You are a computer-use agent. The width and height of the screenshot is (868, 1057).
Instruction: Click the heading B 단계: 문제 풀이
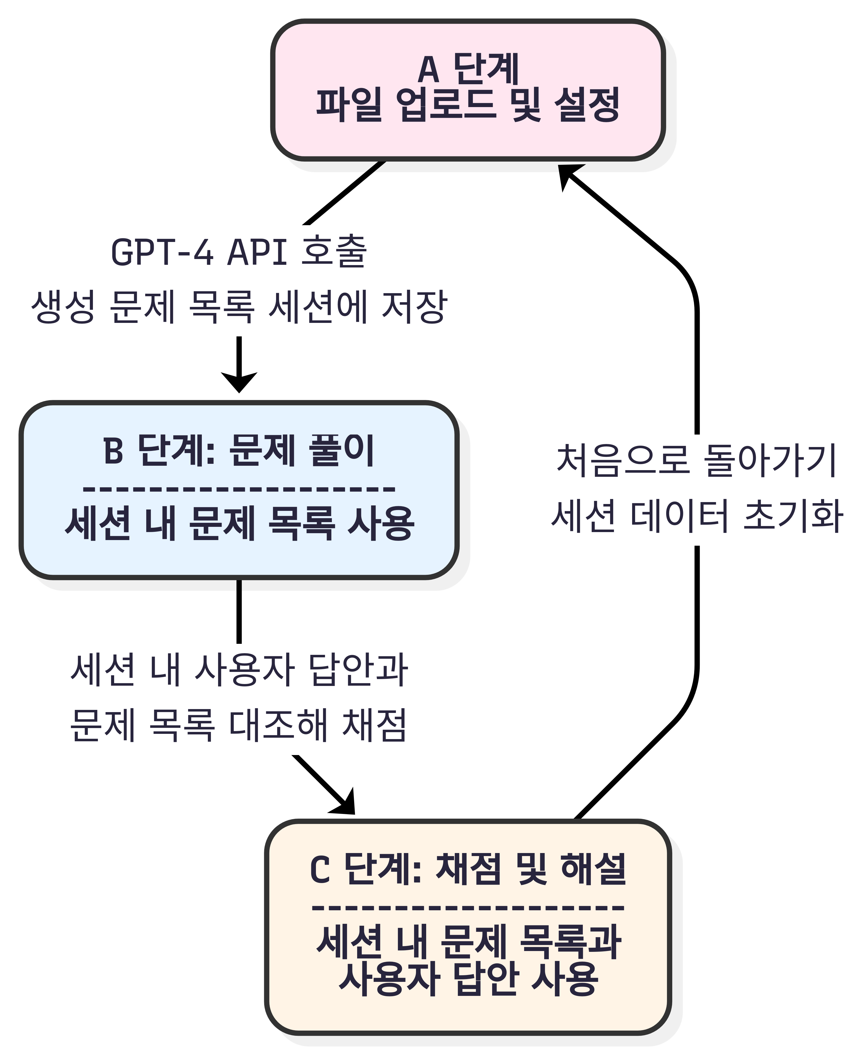(x=239, y=450)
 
